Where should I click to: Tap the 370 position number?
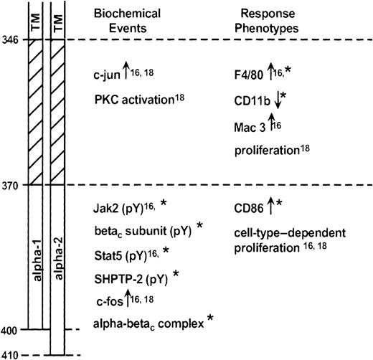[10, 185]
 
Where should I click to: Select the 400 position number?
[10, 330]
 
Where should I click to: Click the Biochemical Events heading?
[131, 21]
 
